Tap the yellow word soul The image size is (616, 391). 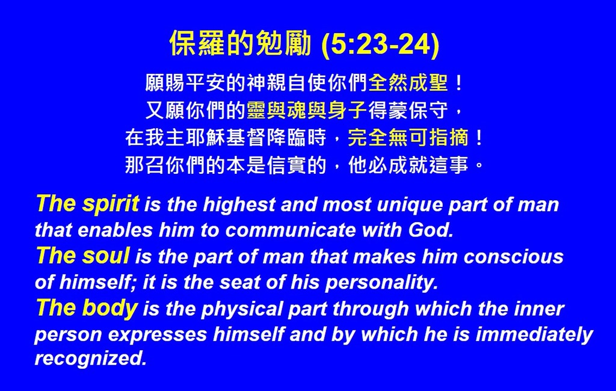(106, 256)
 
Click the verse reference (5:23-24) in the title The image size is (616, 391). (380, 43)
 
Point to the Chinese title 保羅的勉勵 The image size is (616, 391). (240, 43)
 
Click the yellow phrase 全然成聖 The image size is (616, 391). (408, 83)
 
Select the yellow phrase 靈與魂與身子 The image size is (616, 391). (307, 110)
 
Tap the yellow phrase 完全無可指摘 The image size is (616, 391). (408, 138)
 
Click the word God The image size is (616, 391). (431, 230)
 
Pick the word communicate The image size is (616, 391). (291, 230)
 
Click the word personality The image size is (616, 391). (381, 283)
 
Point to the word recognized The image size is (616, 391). (90, 359)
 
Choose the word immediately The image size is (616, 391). (534, 334)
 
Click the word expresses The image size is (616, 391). (158, 335)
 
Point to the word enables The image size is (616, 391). (115, 230)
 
